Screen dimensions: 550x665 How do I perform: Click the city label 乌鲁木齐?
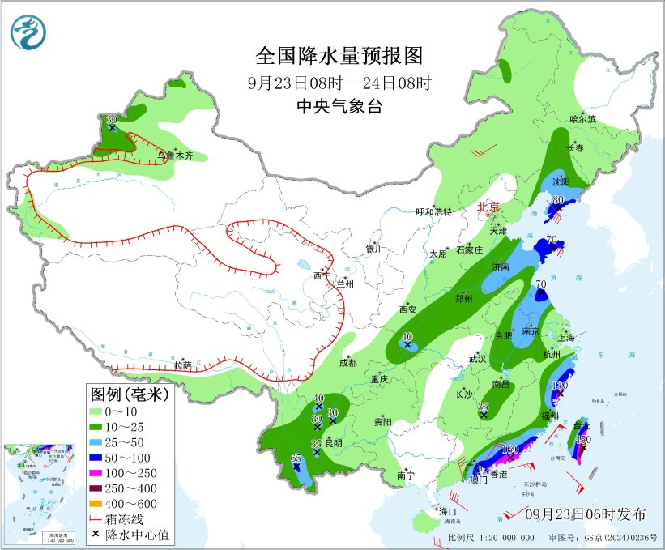point(175,155)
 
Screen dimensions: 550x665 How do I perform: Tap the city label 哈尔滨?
point(582,118)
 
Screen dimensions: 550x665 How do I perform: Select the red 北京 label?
point(488,207)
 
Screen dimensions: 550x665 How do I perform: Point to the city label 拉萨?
point(182,365)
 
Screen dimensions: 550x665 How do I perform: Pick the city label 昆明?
point(334,443)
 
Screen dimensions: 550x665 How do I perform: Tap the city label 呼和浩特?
point(433,211)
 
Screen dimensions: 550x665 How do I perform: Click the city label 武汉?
point(476,358)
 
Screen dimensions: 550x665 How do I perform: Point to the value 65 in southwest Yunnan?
point(296,458)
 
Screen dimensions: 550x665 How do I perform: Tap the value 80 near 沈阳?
point(557,199)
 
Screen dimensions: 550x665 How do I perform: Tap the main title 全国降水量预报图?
point(339,56)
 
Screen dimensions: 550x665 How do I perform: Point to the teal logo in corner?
point(28,32)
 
